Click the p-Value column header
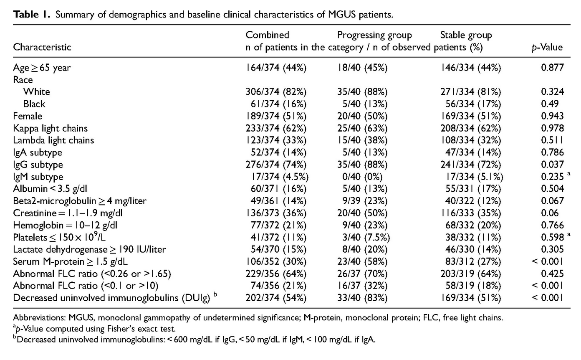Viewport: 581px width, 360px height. point(547,47)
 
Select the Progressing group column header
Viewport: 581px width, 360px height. point(374,35)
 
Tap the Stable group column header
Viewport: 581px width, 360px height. point(466,35)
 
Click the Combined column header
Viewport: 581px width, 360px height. point(267,35)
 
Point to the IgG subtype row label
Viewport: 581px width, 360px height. point(38,165)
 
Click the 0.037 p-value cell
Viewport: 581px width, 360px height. point(552,164)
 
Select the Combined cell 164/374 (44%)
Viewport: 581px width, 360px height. point(276,68)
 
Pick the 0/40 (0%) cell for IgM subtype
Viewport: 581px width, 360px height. point(362,177)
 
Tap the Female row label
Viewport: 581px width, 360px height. point(28,116)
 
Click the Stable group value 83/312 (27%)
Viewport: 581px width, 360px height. point(473,261)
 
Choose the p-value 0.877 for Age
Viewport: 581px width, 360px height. point(552,68)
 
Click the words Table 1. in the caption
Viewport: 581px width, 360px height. point(32,14)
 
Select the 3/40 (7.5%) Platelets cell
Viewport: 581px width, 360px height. point(366,237)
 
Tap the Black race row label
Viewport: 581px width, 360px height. point(34,104)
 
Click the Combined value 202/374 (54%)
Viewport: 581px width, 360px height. point(276,298)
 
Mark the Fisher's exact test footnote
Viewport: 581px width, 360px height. point(94,329)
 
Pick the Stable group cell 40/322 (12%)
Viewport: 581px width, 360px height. point(473,201)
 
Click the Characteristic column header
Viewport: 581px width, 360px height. point(42,47)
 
